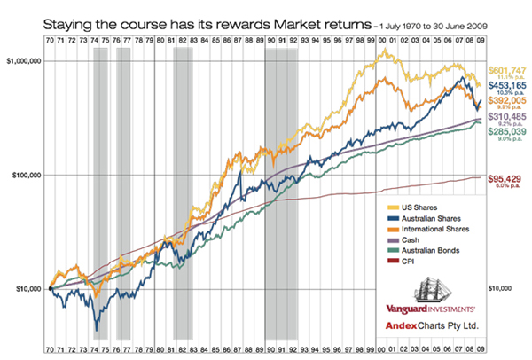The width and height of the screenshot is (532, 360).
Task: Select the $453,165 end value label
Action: coord(507,87)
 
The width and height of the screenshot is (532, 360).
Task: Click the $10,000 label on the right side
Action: coord(505,289)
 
